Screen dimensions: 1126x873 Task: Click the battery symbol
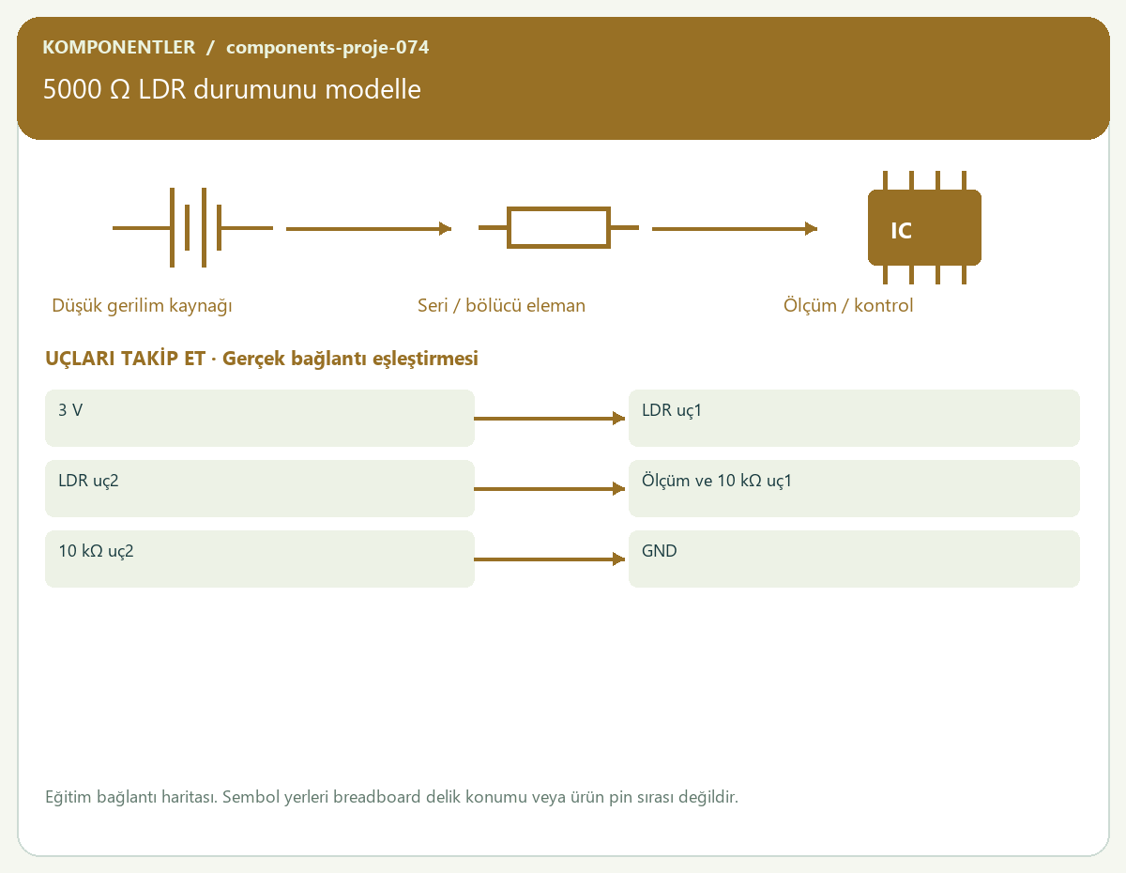192,227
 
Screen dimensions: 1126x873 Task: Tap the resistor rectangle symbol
558,227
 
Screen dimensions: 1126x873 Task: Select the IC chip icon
924,227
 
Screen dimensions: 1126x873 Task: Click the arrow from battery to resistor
369,228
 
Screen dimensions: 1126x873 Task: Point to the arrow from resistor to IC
735,228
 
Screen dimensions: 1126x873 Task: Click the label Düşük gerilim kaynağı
142,306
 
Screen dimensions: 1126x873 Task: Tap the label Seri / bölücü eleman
501,305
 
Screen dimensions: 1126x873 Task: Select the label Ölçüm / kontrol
847,305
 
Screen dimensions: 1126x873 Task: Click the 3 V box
260,418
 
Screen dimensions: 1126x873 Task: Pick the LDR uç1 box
854,418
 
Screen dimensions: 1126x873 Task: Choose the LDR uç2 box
260,488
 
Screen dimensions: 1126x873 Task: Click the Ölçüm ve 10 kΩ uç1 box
854,488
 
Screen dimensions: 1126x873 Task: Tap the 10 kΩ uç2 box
260,559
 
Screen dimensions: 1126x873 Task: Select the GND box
854,559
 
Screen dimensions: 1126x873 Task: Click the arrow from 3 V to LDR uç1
549,418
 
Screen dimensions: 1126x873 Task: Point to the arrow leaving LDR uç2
549,488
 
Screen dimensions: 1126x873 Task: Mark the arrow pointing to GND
549,559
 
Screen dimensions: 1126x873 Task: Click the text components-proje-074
327,48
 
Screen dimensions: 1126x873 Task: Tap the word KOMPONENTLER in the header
118,47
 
